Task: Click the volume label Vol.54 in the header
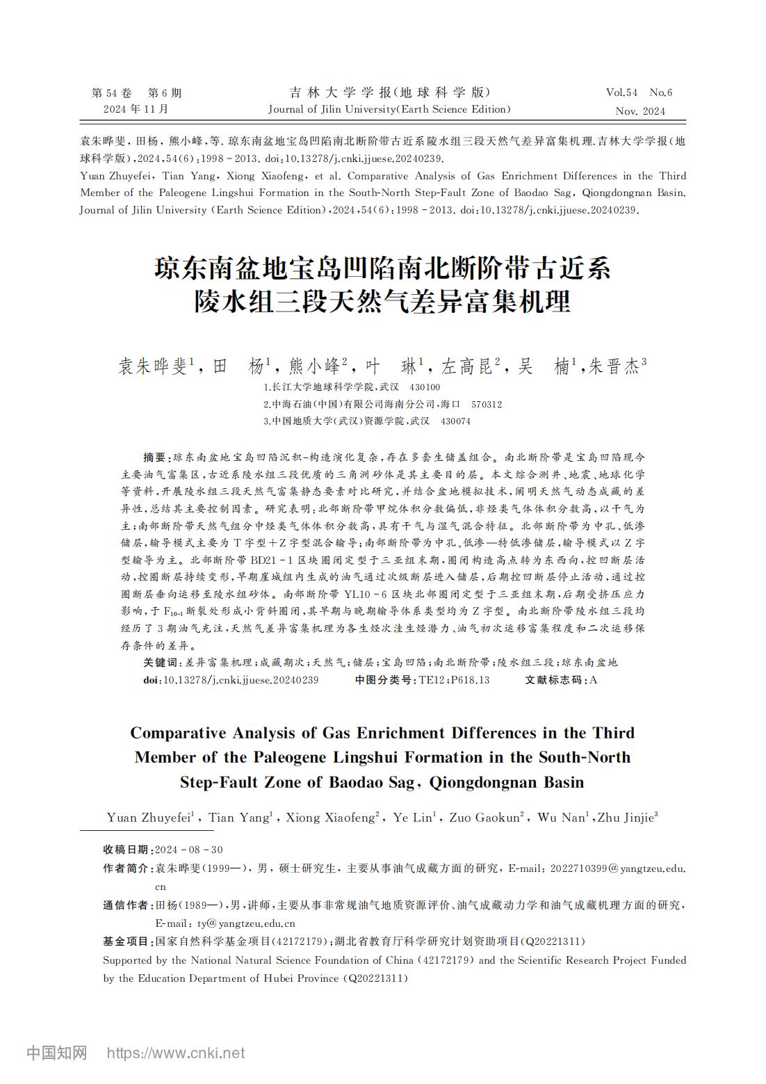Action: coord(621,92)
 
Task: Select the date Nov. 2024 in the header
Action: coord(639,111)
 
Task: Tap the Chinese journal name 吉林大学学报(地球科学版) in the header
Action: coord(389,92)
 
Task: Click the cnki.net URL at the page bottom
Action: coord(176,1053)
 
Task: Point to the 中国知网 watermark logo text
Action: coord(57,1053)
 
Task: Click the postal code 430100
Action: coord(425,387)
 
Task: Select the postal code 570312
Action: coord(487,404)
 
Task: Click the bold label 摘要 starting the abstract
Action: coord(155,458)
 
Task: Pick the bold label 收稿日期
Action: coord(126,850)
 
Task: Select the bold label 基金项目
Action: coord(126,941)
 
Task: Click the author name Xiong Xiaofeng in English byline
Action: coord(332,818)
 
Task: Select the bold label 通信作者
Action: coord(126,905)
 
